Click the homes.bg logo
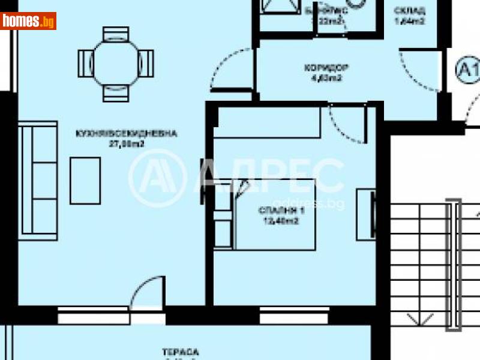(x=28, y=21)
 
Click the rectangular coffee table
(x=85, y=180)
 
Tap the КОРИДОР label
(x=326, y=67)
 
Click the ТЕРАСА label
(x=180, y=352)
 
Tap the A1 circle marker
(x=467, y=70)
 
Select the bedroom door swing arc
(x=344, y=125)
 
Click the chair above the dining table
(x=116, y=34)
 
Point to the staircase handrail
(x=454, y=264)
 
